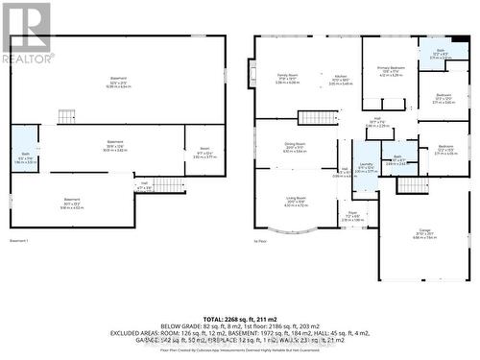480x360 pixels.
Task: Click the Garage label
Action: [425, 230]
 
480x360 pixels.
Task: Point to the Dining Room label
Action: [295, 146]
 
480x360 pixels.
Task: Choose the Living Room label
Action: [295, 201]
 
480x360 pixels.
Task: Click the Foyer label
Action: [352, 215]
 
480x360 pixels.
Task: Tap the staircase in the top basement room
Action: [66, 116]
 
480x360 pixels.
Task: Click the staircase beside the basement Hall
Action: [169, 185]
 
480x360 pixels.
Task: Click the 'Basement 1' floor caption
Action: [19, 240]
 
